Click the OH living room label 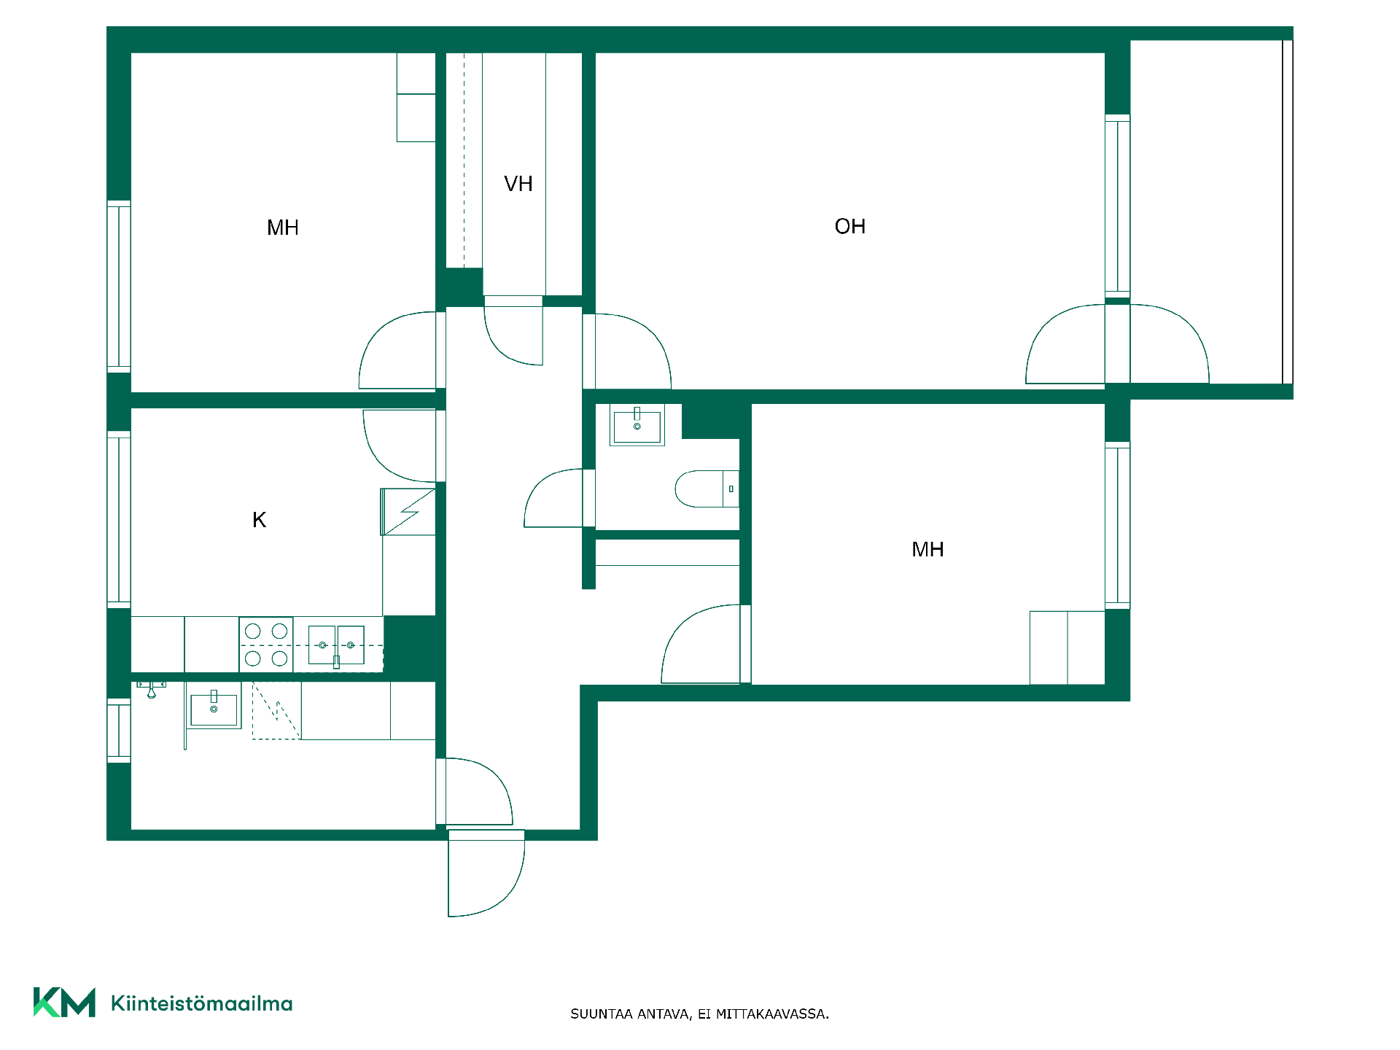tap(849, 227)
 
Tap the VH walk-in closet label tap(518, 184)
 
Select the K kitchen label tap(259, 520)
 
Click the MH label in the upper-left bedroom tap(283, 228)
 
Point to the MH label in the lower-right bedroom tap(927, 550)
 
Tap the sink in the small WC tap(637, 426)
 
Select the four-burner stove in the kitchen tap(266, 645)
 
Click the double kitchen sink tap(336, 645)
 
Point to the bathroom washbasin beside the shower tap(214, 707)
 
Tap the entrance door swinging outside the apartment tap(486, 874)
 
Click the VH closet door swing tap(513, 335)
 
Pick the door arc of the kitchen tap(400, 446)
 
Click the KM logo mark tap(64, 1003)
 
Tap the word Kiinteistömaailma tap(202, 1003)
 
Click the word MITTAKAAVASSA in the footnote tap(772, 1014)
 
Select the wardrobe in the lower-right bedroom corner tap(1067, 647)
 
